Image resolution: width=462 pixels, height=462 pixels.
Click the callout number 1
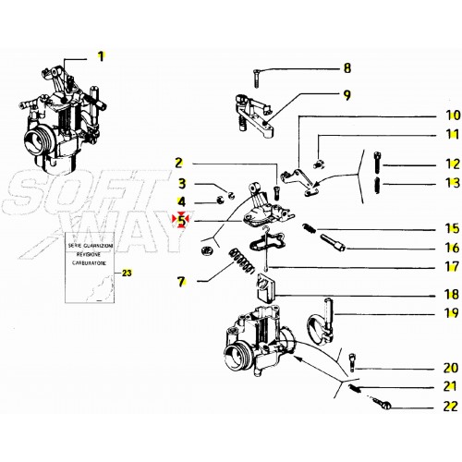102,55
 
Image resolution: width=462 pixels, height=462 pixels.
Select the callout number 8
347,68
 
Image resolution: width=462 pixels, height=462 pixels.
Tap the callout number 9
347,94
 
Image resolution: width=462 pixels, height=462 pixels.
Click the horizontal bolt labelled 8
266,71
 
